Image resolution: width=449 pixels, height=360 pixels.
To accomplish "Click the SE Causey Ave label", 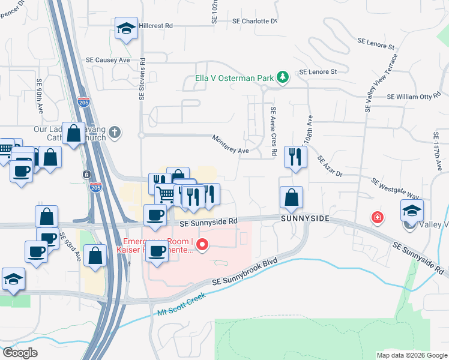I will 108,60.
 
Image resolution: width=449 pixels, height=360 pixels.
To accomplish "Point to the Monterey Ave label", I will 231,145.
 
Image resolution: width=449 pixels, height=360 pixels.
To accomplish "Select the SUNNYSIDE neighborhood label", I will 306,218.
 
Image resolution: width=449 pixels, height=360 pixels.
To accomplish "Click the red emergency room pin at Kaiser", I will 202,244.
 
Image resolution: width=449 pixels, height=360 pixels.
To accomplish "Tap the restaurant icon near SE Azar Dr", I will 295,157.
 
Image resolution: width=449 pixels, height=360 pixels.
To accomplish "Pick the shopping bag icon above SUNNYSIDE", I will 291,197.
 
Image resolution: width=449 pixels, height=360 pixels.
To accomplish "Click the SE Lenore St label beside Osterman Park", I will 318,71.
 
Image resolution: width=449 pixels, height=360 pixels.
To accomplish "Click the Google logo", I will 19,352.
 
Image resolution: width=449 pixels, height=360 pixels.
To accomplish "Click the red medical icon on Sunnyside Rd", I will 377,217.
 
